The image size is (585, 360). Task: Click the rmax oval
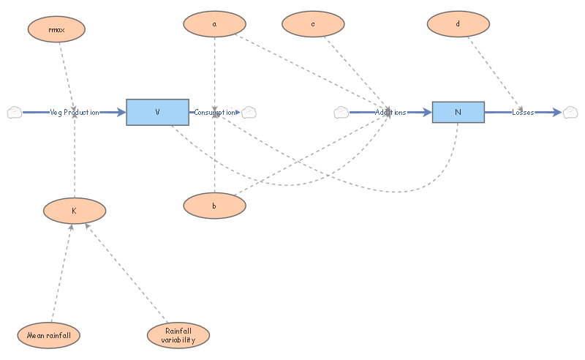pos(56,29)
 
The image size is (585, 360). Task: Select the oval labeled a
pos(214,24)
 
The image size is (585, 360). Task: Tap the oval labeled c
pos(313,24)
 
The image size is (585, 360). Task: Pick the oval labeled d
pos(458,24)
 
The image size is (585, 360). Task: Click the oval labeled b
pos(214,206)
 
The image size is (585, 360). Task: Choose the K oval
pos(75,211)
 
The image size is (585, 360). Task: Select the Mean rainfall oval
pos(48,335)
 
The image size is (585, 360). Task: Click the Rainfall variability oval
pos(178,335)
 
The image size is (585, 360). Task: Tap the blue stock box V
pos(157,112)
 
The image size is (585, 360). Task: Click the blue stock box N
pos(458,112)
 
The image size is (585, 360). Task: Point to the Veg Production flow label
pos(75,112)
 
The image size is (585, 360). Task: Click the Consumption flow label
pos(214,112)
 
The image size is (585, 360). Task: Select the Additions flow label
pos(390,112)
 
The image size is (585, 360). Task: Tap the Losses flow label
pos(523,112)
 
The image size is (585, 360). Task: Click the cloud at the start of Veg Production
pos(15,113)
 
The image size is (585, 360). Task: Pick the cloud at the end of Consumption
pos(249,113)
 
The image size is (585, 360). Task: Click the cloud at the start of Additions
pos(341,113)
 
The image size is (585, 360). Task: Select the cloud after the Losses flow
pos(570,113)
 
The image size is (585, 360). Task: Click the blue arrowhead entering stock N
pos(428,112)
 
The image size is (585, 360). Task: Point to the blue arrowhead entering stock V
pos(121,112)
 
